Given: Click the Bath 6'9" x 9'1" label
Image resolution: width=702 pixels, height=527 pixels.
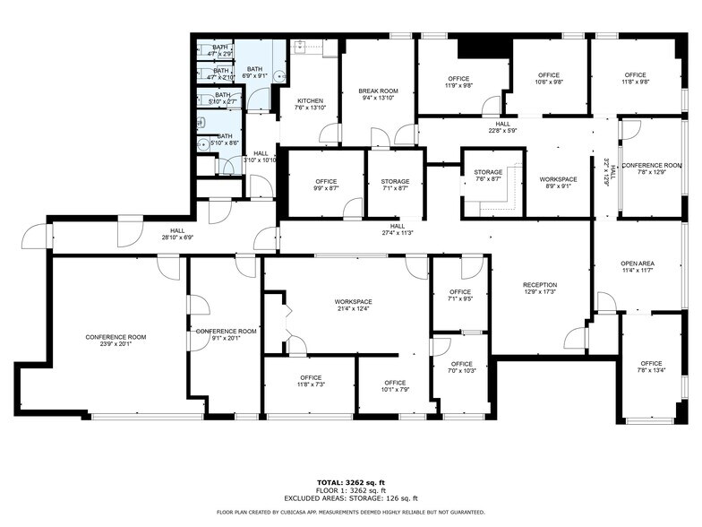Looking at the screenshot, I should pos(254,73).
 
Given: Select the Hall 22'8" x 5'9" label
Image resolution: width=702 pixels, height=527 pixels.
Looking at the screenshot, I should pos(502,127).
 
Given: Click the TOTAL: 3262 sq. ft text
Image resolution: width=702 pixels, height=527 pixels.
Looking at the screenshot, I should pos(350,482).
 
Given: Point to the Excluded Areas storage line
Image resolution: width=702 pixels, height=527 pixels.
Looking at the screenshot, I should pos(350,497).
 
